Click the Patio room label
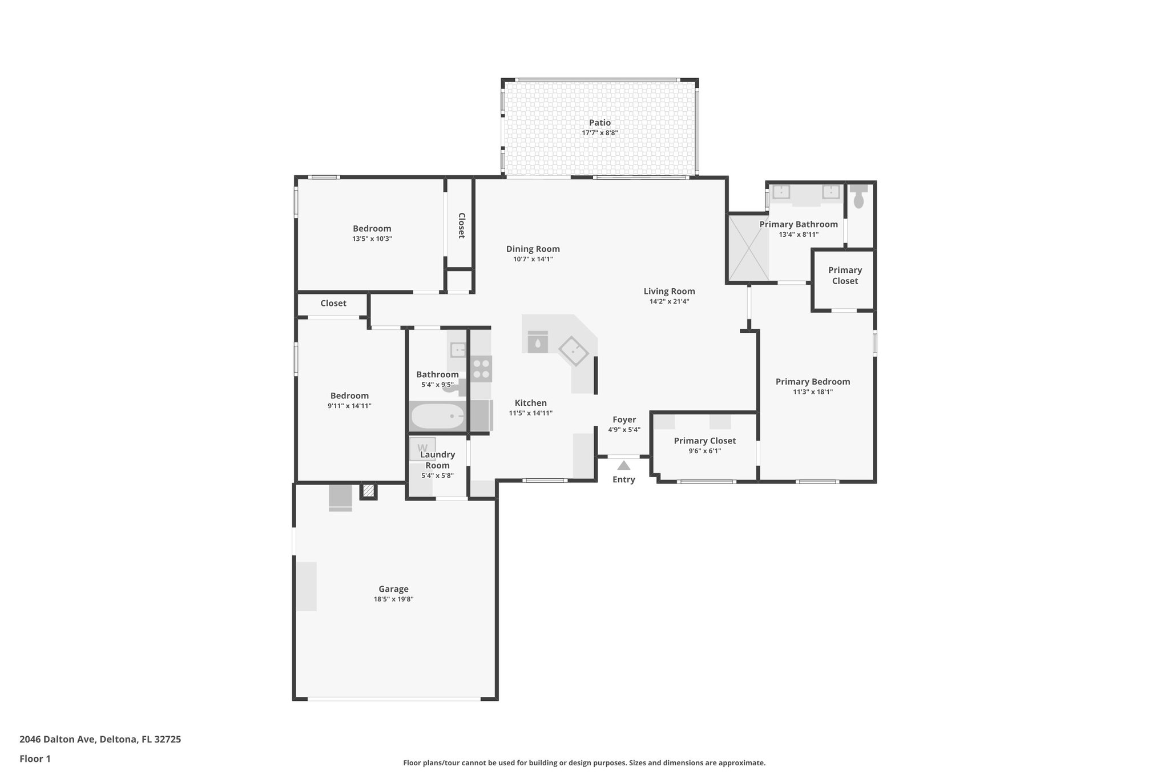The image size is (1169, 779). (599, 123)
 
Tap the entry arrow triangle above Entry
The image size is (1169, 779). (623, 466)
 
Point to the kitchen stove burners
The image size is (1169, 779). (481, 368)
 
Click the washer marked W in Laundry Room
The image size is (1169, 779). (423, 448)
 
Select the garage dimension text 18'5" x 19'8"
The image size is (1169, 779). (393, 599)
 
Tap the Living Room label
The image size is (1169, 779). (669, 291)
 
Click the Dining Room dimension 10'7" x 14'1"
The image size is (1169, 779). (533, 259)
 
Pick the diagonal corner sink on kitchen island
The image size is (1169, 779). (573, 350)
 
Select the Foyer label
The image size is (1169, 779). (624, 419)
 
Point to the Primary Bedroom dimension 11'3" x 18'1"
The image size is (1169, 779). (812, 392)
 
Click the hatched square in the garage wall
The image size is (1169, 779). (369, 490)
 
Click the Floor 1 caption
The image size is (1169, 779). (35, 758)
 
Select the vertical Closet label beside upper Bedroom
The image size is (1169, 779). (461, 225)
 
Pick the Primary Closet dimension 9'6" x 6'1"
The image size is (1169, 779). (704, 451)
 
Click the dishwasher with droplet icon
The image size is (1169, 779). (538, 344)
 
